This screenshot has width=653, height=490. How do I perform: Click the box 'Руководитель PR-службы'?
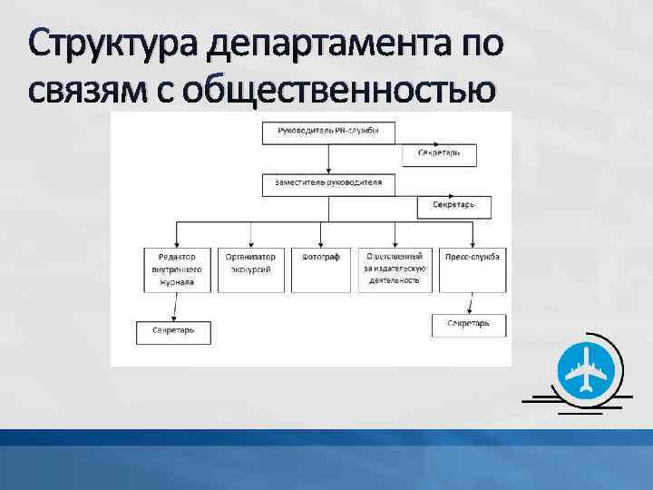pos(329,132)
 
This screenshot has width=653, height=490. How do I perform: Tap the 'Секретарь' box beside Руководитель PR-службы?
pos(439,153)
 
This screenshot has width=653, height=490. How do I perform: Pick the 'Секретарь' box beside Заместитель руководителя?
pos(453,206)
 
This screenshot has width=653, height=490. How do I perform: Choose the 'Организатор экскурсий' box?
pos(251,269)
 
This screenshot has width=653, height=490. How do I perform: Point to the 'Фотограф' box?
pos(320,269)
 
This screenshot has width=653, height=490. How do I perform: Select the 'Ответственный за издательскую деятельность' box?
pos(394,269)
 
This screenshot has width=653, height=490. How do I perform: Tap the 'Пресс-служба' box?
pos(471,269)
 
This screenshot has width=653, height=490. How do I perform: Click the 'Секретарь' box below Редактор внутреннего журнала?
pos(173,332)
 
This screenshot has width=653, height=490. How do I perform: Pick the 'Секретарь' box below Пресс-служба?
pos(468,324)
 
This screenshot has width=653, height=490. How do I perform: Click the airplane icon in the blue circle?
pos(586,371)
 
